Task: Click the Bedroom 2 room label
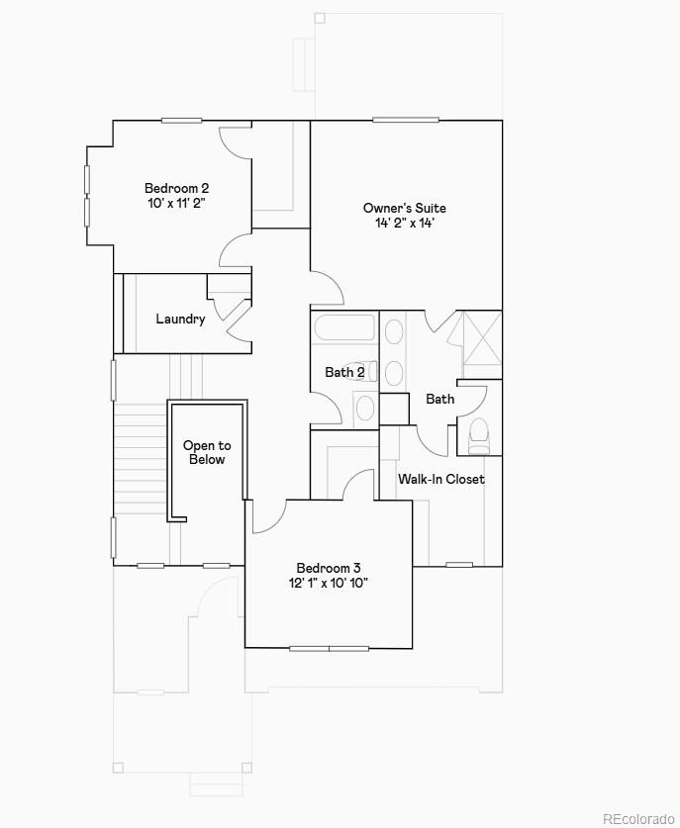(176, 188)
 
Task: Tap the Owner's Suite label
(404, 208)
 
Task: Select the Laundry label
(180, 319)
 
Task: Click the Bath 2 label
(344, 372)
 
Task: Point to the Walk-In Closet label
(441, 479)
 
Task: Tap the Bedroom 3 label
(329, 568)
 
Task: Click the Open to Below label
(207, 452)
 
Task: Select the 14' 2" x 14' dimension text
(404, 224)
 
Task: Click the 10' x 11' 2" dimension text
(176, 203)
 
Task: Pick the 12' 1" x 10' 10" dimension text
(329, 584)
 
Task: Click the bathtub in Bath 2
(343, 327)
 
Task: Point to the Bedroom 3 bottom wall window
(329, 649)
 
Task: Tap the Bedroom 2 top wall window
(182, 121)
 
